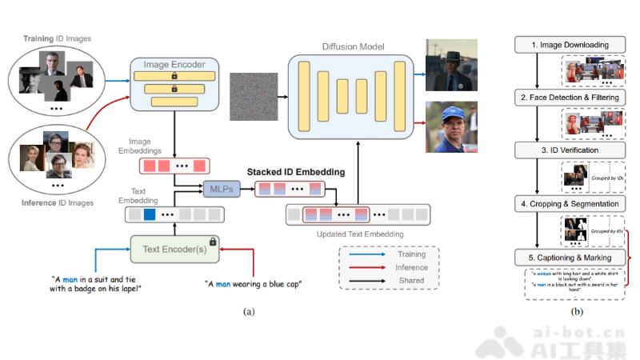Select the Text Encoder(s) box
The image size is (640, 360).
175,249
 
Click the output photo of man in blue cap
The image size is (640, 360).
451,126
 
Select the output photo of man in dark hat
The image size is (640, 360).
451,64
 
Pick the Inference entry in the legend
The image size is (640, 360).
412,267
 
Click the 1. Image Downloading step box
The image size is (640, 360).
569,45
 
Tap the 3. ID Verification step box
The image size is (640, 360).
569,150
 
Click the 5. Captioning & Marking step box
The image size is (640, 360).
569,258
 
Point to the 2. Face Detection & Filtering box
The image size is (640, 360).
569,98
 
